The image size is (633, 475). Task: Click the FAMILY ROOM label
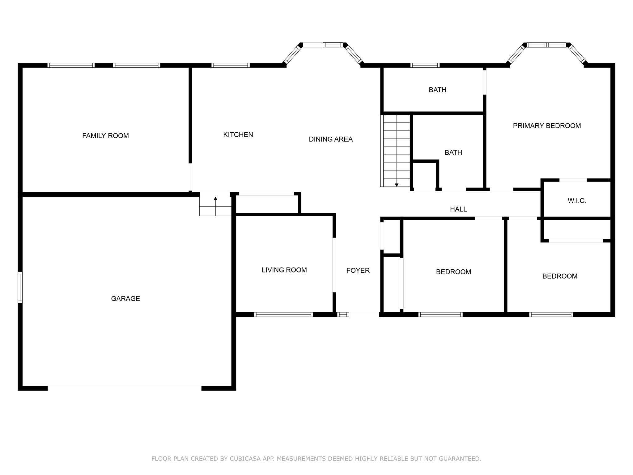pos(105,136)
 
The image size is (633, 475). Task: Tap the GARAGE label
pos(125,299)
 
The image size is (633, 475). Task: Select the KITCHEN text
pos(238,135)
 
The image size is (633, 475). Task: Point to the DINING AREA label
pos(331,139)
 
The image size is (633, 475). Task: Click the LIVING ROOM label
pos(284,270)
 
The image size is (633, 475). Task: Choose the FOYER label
pos(358,271)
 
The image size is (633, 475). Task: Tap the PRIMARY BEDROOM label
pos(547,126)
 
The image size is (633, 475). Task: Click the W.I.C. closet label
pos(577,201)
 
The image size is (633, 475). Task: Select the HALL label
pos(458,209)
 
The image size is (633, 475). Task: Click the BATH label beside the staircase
pos(453,153)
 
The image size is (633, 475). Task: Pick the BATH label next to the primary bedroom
pos(437,90)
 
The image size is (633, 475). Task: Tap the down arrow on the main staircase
pos(397,184)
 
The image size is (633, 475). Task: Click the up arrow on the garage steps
pos(215,199)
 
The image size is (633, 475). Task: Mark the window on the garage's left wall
pos(20,287)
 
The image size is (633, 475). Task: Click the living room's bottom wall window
pos(283,315)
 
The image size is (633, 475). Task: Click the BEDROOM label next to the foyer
pos(453,272)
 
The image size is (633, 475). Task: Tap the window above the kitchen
pos(231,65)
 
